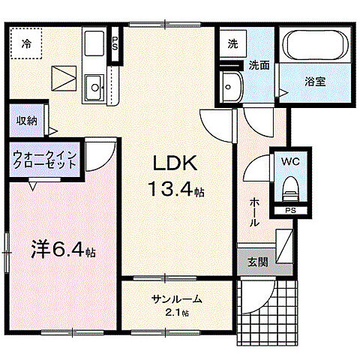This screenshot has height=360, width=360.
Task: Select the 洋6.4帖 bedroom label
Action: coord(62,248)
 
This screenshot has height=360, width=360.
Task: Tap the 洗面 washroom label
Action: coord(259,64)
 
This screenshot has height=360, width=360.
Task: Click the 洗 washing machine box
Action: coord(232,43)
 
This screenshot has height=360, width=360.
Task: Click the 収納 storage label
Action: coord(27,121)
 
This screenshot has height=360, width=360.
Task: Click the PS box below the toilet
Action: coord(289,211)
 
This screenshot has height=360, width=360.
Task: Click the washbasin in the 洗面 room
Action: coord(232,89)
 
